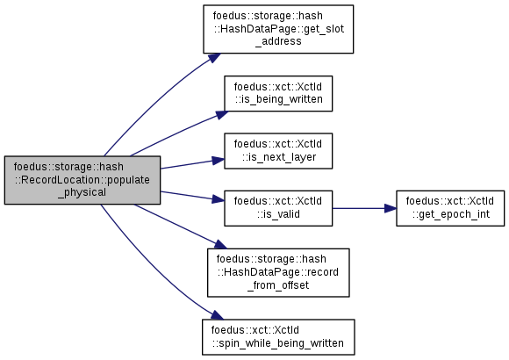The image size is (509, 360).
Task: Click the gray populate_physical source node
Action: [x=82, y=180]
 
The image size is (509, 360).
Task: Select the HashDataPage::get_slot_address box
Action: [x=278, y=29]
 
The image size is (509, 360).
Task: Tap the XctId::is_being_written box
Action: [x=278, y=94]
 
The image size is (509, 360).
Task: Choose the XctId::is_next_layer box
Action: [x=278, y=151]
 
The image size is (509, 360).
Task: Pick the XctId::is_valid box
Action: [x=278, y=208]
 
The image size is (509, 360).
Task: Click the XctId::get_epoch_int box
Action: [x=450, y=208]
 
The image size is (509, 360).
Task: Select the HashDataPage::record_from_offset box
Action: [x=278, y=272]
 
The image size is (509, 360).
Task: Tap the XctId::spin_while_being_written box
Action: [x=278, y=337]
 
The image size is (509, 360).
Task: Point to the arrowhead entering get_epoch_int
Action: [x=391, y=208]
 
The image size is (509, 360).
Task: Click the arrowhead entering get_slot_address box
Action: [x=215, y=57]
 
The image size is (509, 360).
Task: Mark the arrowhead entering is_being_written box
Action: [x=222, y=115]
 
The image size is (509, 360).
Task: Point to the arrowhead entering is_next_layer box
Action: [x=219, y=160]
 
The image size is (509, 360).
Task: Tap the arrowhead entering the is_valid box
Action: [x=219, y=198]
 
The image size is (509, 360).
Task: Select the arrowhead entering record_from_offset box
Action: [x=219, y=245]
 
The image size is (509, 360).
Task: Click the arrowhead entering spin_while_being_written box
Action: [x=217, y=315]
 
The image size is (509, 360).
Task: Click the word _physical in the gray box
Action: [x=82, y=192]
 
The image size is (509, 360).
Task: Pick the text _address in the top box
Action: [x=278, y=41]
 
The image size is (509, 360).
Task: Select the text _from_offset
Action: [x=278, y=285]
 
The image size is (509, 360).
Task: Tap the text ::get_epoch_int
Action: [x=451, y=214]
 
